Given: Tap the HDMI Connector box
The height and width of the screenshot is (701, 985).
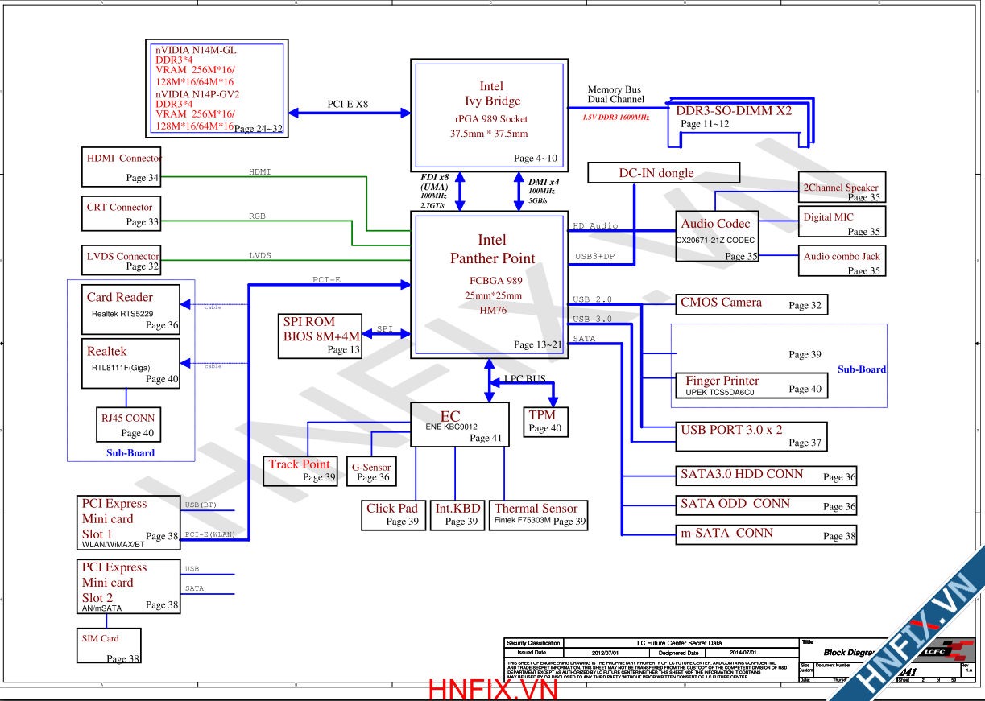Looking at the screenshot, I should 122,167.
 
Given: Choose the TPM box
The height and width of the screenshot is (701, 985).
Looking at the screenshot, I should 545,421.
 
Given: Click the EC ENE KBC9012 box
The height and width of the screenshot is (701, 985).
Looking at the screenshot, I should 460,424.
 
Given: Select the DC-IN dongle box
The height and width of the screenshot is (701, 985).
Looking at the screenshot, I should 664,173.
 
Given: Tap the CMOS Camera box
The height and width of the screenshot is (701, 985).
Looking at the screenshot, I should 751,304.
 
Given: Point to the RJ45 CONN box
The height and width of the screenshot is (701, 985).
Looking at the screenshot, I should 127,425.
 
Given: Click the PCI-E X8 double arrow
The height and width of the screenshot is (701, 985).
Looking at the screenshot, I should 347,113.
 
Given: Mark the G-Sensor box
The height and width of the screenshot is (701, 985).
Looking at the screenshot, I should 370,472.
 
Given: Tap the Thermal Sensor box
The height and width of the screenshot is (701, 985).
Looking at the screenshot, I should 537,514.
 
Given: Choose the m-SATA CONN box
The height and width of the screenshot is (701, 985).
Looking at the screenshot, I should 765,534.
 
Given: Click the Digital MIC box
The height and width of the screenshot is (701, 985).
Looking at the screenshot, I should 842,221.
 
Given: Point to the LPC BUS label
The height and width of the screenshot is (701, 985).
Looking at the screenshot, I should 525,379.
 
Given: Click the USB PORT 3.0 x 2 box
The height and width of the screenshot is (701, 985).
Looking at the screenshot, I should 751,435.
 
